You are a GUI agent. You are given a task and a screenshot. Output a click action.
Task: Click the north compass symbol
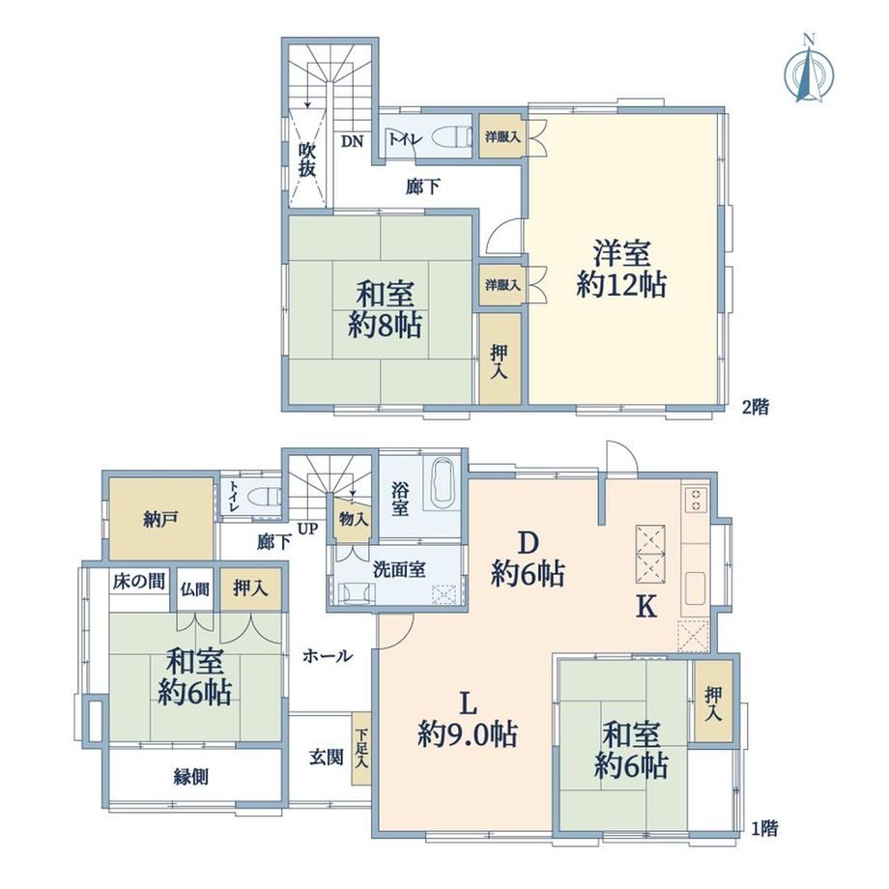[x=809, y=72]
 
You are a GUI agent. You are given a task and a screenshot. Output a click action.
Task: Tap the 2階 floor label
[x=756, y=407]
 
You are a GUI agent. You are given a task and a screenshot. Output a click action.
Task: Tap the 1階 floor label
[x=764, y=829]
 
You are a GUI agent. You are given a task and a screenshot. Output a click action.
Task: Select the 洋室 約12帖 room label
[x=621, y=269]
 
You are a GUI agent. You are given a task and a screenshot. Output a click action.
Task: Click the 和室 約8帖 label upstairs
[x=385, y=310]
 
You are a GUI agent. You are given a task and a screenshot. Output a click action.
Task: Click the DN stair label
[x=352, y=141]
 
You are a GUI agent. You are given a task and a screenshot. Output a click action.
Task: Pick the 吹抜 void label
[x=306, y=159]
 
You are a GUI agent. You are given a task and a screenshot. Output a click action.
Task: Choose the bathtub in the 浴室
[x=443, y=482]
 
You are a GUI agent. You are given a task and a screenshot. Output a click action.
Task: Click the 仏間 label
[x=195, y=589]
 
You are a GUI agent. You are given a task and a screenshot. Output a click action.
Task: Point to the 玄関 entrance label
[x=326, y=757]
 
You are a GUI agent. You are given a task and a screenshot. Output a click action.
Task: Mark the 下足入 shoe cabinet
[x=361, y=749]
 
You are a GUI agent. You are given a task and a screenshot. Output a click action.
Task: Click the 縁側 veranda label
[x=191, y=777]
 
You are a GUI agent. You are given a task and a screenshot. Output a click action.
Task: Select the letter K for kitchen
[x=645, y=607]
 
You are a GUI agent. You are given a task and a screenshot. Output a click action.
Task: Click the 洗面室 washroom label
[x=399, y=570]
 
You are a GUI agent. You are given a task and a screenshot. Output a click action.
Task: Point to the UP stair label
[x=308, y=530]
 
